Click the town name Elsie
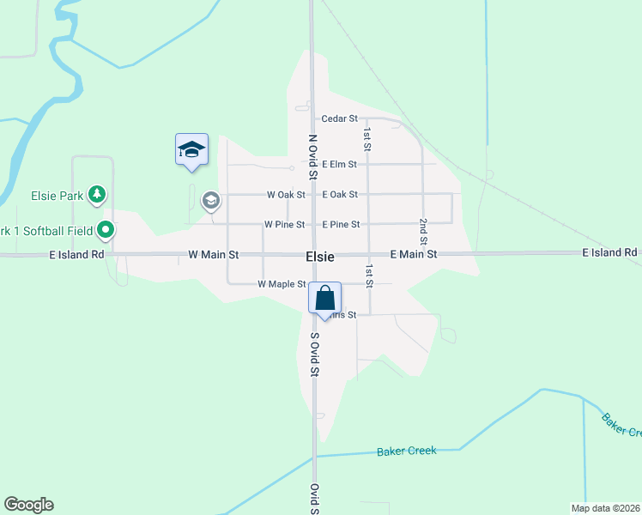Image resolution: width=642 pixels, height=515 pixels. [x=319, y=256]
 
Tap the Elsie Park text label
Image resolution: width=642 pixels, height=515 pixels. [x=58, y=196]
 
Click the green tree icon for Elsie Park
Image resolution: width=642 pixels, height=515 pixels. [x=98, y=195]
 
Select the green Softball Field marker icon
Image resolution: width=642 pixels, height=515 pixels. [x=105, y=229]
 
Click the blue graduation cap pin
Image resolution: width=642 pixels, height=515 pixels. [x=191, y=151]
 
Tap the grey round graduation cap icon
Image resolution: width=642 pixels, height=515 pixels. [x=210, y=201]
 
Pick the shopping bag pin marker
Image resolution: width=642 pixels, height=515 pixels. [x=325, y=300]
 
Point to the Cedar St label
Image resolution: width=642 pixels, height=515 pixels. [x=339, y=118]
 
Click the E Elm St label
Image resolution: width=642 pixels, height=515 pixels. [x=339, y=164]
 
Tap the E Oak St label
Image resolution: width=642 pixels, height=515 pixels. [x=340, y=195]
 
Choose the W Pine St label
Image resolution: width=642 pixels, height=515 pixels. [x=285, y=225]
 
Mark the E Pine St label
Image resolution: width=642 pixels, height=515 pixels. [x=341, y=225]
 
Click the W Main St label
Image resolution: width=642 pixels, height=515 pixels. [x=213, y=255]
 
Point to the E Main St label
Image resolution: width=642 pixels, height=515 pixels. [x=413, y=255]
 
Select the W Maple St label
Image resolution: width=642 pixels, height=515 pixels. [x=282, y=284]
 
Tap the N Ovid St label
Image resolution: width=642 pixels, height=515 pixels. [x=312, y=156]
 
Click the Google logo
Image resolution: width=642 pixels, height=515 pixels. [x=28, y=505]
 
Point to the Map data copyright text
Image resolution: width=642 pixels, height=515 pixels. [x=605, y=507]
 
